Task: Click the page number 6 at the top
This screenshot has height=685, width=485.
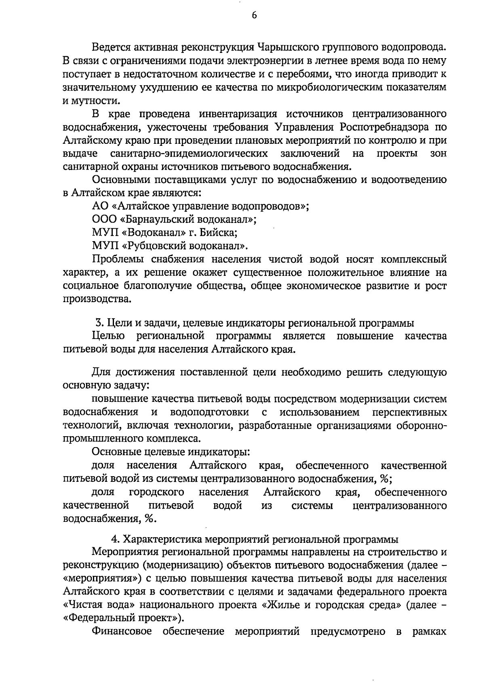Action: coord(254,15)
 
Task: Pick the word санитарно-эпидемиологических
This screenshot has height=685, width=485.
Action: coord(189,154)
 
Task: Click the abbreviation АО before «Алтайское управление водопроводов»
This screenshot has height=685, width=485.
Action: coord(100,206)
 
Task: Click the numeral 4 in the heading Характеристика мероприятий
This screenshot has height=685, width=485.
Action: coord(114,540)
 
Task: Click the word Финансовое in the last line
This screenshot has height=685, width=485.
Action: coord(122,632)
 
